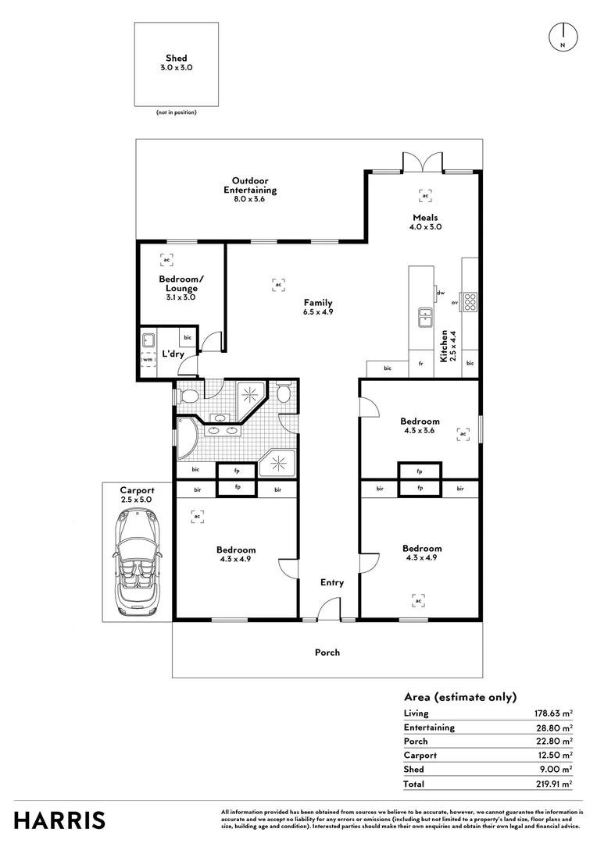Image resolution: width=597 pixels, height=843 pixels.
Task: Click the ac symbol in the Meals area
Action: (x=425, y=196)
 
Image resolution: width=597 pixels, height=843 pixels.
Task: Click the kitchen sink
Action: (x=425, y=315)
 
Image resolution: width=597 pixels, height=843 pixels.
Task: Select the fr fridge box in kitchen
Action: (x=420, y=364)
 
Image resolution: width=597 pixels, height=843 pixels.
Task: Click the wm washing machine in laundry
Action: (x=148, y=361)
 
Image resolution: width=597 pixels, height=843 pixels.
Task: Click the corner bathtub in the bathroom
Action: (x=186, y=439)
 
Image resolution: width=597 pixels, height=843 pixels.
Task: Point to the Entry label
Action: (x=332, y=582)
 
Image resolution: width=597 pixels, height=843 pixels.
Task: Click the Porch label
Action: (x=327, y=653)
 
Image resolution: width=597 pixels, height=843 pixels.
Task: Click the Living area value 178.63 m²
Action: (x=553, y=713)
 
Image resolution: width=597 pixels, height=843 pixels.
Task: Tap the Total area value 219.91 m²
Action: (x=553, y=783)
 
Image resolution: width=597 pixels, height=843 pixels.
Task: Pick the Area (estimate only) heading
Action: (x=460, y=697)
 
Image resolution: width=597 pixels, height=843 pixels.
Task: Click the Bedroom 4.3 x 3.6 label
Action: (x=420, y=426)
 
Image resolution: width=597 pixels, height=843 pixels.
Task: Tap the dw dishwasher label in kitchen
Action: (x=441, y=293)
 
